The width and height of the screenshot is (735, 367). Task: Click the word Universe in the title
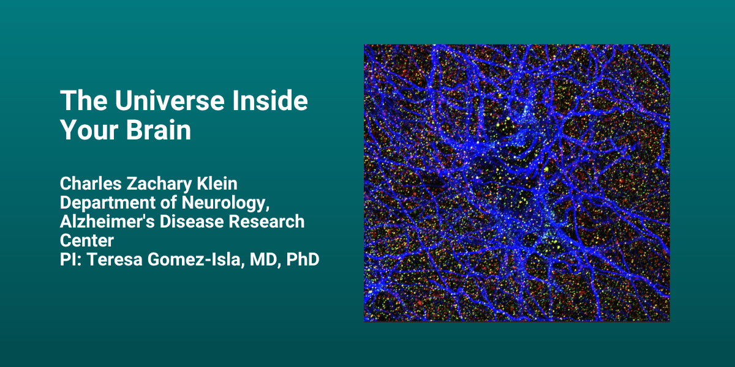coord(170,100)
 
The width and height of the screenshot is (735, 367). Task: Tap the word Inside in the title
coord(270,100)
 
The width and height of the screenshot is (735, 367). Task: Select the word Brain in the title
coord(158,130)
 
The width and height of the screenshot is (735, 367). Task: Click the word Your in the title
coord(89,130)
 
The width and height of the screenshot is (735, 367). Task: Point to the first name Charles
coord(91,183)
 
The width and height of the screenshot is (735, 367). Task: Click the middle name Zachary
coord(159,184)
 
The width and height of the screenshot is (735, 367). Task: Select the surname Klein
coord(217,183)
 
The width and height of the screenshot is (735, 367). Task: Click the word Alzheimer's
coord(107,221)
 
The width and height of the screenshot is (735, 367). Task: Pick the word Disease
coord(192,221)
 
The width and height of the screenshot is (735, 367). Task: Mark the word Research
coord(266,221)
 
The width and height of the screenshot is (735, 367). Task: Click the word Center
coord(87,240)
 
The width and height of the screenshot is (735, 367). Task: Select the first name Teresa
coord(115,259)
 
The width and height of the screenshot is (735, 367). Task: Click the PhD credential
coord(303,259)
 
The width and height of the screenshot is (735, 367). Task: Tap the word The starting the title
coord(84,100)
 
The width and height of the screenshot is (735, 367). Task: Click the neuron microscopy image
coord(517,183)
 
